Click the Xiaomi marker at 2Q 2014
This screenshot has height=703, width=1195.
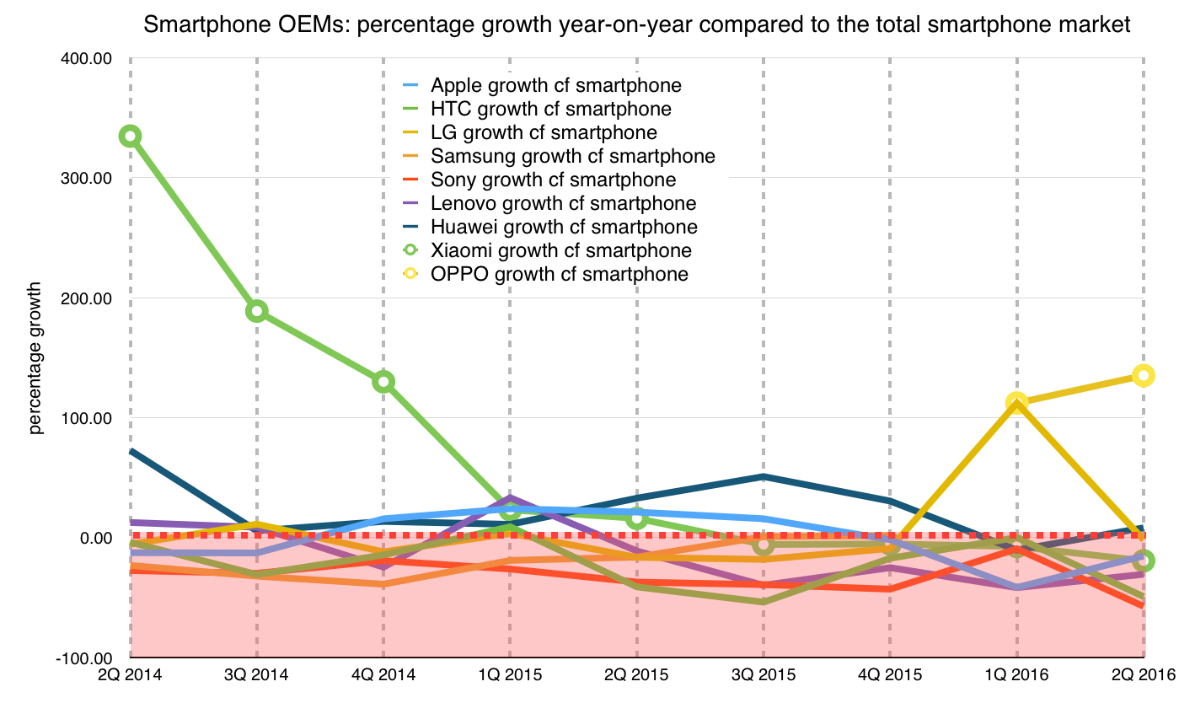coord(130,136)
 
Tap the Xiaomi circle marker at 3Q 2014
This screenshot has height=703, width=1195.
coord(256,311)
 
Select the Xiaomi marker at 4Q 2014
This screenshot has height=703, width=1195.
coord(383,382)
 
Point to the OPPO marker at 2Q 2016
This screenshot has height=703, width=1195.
coord(1143,375)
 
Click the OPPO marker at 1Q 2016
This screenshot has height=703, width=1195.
coord(1016,403)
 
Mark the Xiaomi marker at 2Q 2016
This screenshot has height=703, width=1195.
coord(1143,561)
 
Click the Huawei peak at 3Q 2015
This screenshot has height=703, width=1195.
coord(763,476)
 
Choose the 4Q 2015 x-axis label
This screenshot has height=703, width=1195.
coord(889,675)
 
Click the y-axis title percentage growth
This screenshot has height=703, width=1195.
coord(35,358)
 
